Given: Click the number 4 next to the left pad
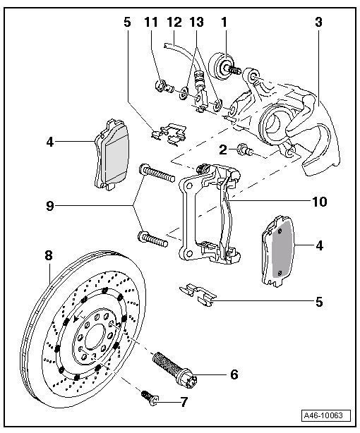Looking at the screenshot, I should click(x=50, y=142).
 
